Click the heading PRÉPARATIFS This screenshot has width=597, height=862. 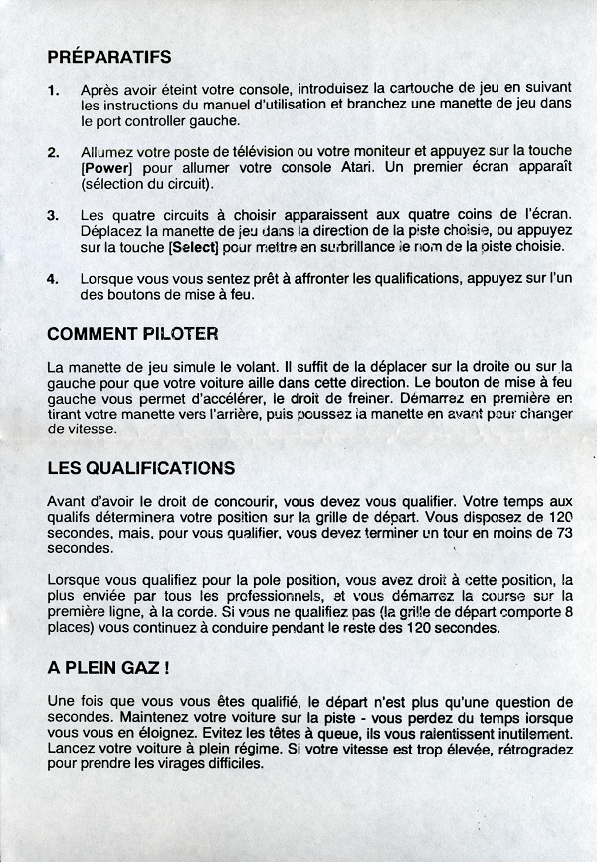tap(109, 57)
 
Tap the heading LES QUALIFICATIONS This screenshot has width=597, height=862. tap(141, 467)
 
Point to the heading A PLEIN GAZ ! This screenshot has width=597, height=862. tap(113, 668)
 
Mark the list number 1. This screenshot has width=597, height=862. tap(53, 90)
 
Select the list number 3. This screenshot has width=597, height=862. tap(53, 215)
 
